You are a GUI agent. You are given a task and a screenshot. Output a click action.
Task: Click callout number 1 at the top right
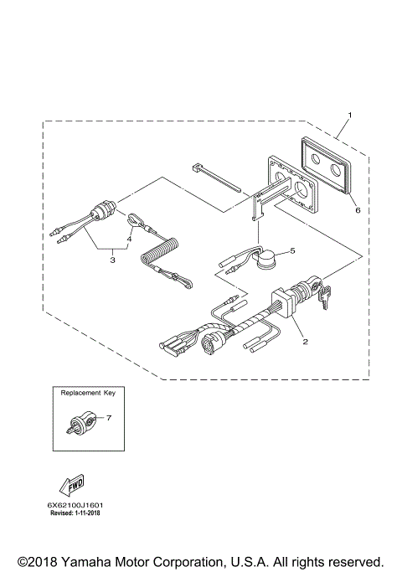coord(349,114)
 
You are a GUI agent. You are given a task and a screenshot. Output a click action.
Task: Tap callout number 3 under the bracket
coord(111,260)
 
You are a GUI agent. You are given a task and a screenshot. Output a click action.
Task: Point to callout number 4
coord(128,239)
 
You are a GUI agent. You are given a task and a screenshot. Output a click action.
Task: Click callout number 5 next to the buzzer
coord(293,250)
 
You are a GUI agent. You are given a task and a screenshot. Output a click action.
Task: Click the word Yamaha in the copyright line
coord(87,560)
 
